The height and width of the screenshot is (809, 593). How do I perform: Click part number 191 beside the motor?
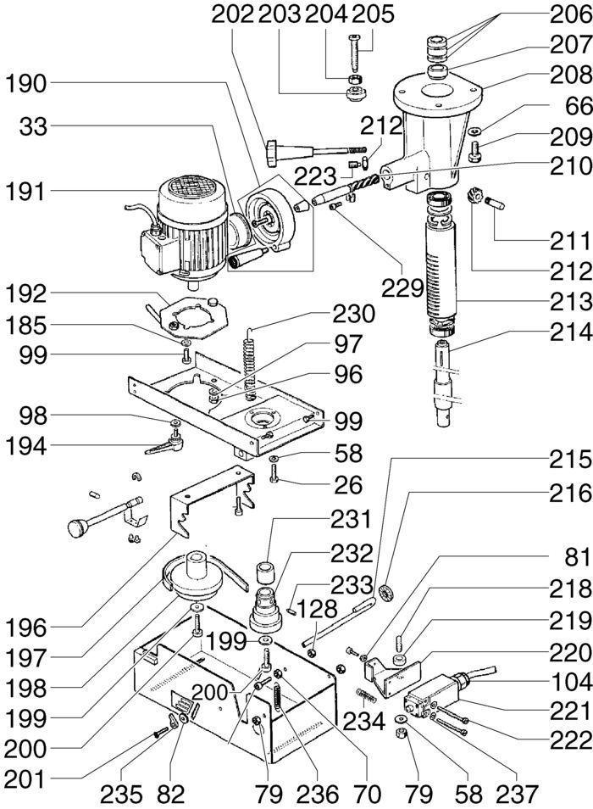click(25, 192)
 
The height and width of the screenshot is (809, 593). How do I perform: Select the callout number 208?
click(571, 75)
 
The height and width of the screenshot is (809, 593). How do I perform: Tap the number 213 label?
click(571, 302)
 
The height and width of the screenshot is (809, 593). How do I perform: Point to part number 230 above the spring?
click(353, 314)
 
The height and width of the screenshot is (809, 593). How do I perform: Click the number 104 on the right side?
click(571, 682)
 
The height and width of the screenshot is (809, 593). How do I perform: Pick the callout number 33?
click(33, 126)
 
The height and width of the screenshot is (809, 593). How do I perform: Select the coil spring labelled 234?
click(365, 696)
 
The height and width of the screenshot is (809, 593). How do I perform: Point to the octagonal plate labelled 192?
click(191, 316)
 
